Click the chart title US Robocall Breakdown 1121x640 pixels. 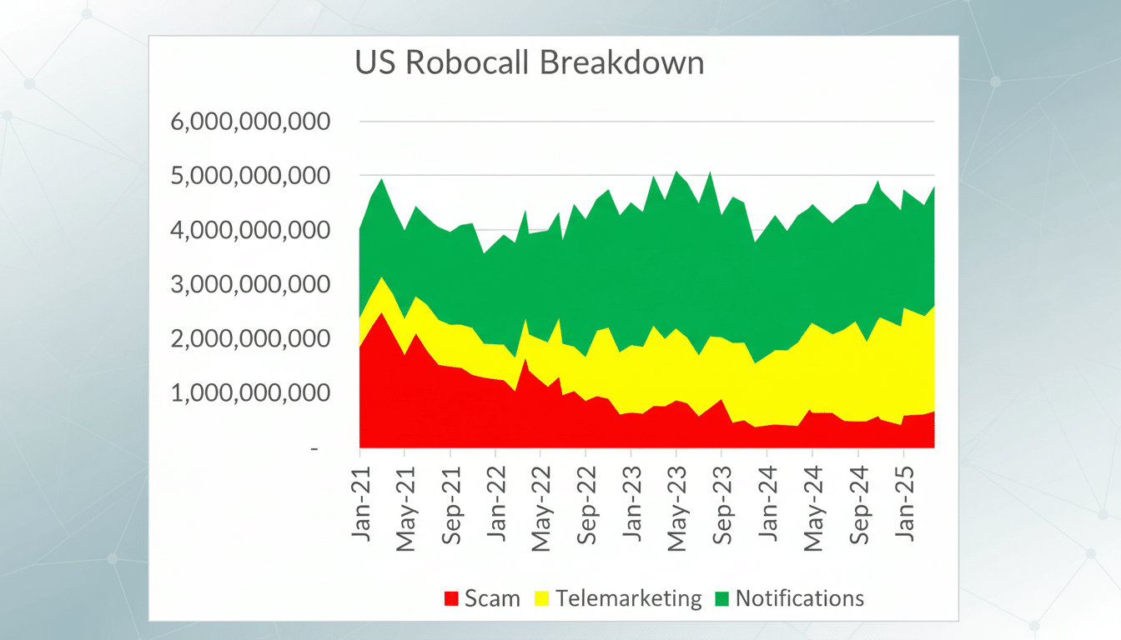(530, 64)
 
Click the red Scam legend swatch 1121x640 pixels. (451, 598)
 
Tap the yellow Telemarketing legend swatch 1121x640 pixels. (542, 598)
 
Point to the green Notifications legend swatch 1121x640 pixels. (721, 598)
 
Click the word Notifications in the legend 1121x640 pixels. (799, 598)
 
